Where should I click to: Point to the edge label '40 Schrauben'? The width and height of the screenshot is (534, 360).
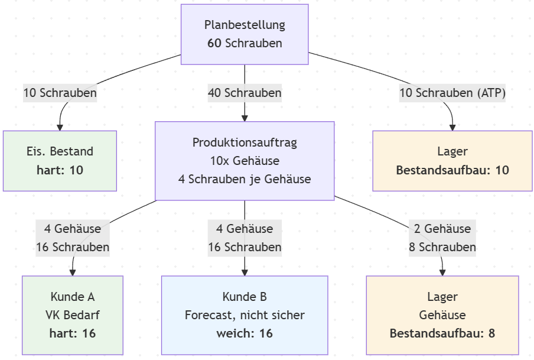pos(245,93)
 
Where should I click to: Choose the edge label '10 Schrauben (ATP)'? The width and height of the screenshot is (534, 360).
pos(452,93)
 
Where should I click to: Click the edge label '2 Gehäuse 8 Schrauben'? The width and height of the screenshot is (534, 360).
pos(442,238)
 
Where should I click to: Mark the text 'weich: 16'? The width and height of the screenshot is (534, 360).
pos(245,333)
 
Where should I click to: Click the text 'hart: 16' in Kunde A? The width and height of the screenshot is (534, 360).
pos(73,333)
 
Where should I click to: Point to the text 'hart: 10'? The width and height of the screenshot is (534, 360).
pos(60,170)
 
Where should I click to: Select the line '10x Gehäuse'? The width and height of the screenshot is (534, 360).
pos(245,161)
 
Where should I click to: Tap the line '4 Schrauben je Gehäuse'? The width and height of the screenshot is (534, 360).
pos(245,179)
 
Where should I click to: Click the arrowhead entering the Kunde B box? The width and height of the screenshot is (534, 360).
pos(245,273)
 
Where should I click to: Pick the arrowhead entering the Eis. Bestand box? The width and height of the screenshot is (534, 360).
pos(59,128)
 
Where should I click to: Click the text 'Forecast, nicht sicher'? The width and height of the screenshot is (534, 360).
pos(245,315)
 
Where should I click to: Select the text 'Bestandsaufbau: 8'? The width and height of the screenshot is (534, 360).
pos(442,333)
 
